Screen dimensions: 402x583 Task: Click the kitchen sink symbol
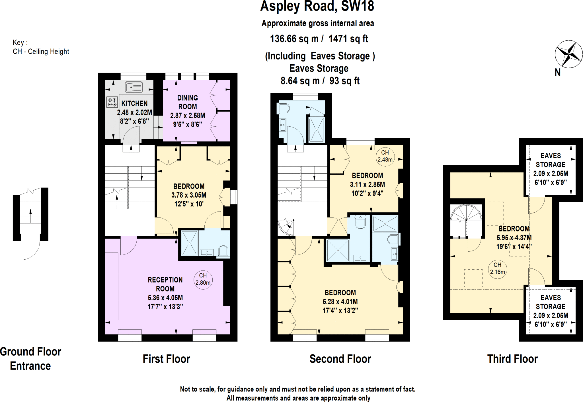pos(134,87)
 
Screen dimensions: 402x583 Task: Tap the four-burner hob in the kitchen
pos(112,102)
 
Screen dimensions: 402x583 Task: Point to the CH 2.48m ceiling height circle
pos(385,156)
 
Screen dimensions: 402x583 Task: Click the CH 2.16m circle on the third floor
pos(497,269)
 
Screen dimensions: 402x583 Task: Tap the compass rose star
pos(568,54)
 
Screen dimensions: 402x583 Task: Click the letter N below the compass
pos(557,73)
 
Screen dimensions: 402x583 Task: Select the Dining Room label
pos(188,102)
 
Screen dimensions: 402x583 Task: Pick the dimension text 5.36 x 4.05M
pos(165,298)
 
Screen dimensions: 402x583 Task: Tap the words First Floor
pos(166,359)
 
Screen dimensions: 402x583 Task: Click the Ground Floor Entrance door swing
pos(30,251)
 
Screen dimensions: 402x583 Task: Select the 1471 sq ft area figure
pos(348,39)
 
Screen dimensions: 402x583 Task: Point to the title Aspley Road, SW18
pos(317,6)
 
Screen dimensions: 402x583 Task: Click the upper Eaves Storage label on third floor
pos(550,160)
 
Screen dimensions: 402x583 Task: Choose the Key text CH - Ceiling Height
pos(41,52)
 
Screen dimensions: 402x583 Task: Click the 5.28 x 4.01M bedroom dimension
pos(340,301)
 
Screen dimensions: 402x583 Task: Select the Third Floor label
pos(512,359)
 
